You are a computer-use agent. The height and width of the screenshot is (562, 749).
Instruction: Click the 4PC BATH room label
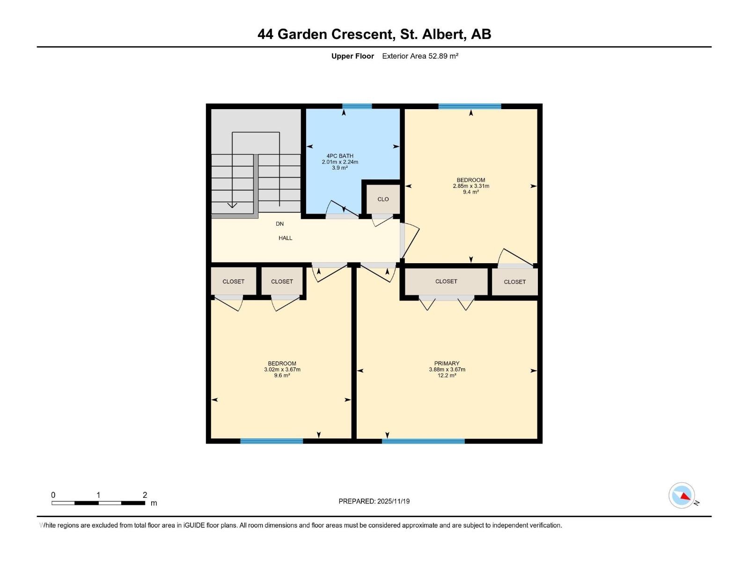click(340, 156)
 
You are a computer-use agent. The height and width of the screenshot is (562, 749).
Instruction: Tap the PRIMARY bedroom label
click(447, 363)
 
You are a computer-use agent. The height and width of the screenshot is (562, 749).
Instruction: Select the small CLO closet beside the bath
click(383, 199)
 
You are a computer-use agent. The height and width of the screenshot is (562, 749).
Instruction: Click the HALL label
click(285, 238)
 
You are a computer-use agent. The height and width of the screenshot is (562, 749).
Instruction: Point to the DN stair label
click(279, 224)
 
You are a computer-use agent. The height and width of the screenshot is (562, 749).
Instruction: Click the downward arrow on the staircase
click(232, 205)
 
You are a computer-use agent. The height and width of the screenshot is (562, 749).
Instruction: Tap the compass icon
click(682, 495)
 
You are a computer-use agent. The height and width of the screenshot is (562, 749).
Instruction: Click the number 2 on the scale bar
click(145, 495)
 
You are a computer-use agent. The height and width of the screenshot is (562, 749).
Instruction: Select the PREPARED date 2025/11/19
click(392, 501)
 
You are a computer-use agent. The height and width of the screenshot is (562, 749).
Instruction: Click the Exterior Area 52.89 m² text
click(420, 56)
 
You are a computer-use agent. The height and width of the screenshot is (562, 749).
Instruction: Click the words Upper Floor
click(352, 56)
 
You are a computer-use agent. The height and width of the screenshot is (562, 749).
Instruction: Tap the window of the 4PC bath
click(357, 106)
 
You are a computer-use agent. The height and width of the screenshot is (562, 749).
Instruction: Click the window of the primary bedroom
click(423, 441)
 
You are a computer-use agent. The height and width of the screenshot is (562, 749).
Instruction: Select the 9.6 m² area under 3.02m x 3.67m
click(282, 376)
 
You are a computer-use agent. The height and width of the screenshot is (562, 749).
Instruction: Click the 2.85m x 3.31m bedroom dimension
click(471, 186)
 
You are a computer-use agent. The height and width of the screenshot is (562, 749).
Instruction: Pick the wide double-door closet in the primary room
click(446, 281)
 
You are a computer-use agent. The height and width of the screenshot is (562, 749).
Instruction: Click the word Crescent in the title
click(362, 34)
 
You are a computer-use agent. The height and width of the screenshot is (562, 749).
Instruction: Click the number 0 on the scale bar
click(53, 495)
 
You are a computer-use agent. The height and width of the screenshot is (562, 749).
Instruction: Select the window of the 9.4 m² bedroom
click(470, 106)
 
